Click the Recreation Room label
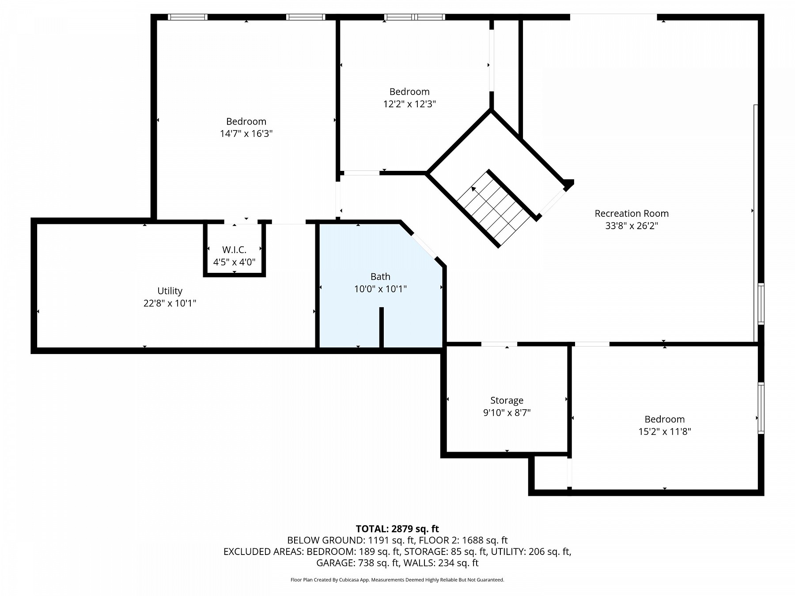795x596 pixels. coord(631,214)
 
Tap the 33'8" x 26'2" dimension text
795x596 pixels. coord(631,226)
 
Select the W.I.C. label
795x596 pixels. coord(234,250)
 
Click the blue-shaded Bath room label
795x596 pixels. coord(380,277)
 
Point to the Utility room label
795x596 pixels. coord(170,291)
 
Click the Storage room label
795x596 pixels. coord(507,400)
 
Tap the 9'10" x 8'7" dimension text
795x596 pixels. coord(507,413)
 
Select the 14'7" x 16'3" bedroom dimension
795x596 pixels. coord(246,134)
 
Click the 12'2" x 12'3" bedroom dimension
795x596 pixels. coord(409,104)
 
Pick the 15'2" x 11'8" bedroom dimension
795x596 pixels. coord(664,432)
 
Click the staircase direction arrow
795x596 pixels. coord(473,189)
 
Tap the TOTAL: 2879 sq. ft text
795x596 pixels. coord(397,529)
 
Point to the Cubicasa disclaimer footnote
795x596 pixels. coord(397,580)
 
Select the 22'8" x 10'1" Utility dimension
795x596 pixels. coord(170,303)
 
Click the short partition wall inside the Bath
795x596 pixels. coord(382,327)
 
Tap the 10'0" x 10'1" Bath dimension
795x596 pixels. coord(380,289)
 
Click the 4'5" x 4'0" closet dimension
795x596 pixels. coord(234,262)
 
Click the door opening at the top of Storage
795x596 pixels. coord(499,344)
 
